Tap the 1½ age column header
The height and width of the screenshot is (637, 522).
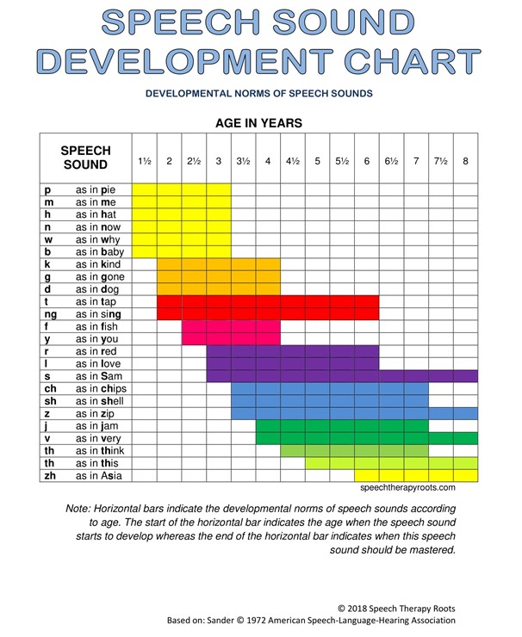pos(145,161)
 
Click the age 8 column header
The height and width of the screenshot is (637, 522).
pos(465,161)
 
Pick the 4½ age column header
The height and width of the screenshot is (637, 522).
pos(293,161)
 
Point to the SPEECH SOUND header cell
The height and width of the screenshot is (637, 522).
pos(85,158)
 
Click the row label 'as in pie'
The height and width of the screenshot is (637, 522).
pos(102,189)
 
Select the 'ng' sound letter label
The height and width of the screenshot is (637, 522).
pos(50,315)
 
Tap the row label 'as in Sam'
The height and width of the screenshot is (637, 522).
pos(103,376)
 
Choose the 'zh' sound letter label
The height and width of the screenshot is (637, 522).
pos(50,475)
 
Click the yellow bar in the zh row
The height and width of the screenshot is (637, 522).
pos(415,475)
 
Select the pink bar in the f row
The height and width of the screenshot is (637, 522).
pos(230,327)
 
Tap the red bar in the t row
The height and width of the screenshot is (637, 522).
pos(267,302)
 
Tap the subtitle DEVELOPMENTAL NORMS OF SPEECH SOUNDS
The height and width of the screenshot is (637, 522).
pos(258,93)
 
